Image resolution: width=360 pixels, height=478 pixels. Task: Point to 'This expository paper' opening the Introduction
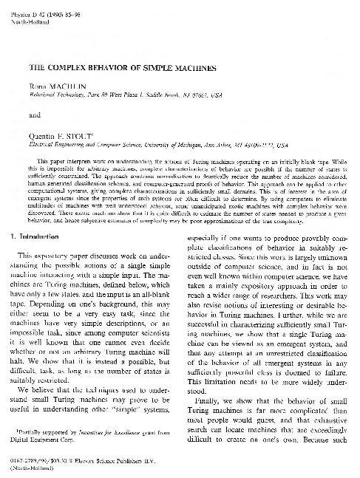point(61,256)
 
